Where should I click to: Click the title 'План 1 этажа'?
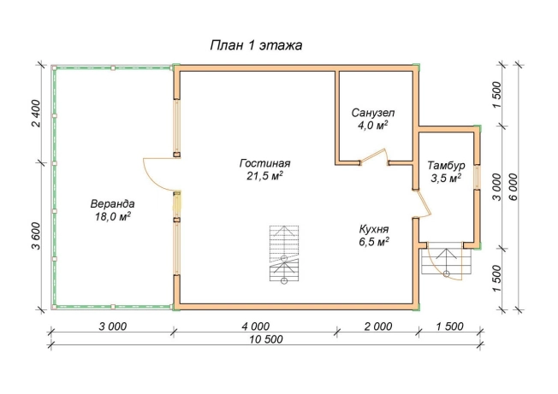point(256,45)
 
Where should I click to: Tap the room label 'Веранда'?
point(112,204)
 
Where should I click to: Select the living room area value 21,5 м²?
point(264,175)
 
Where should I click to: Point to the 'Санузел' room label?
point(373,113)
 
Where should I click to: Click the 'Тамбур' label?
point(446,166)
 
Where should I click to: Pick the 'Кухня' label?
point(374,228)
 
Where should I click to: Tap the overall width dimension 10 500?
point(266,339)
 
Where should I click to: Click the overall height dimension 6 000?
point(513,187)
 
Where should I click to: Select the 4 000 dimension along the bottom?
point(256,326)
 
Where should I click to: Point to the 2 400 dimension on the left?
point(37,114)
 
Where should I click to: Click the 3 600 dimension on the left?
point(37,236)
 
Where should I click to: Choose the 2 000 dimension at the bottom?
point(378,326)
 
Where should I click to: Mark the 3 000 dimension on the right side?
point(497,187)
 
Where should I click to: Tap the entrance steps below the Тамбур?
point(446,261)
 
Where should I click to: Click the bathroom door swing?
point(374,157)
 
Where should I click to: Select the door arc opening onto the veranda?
point(161,173)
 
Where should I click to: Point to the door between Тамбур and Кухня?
point(422,203)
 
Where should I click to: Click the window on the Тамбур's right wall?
point(477,176)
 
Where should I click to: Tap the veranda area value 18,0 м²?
point(112,216)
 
